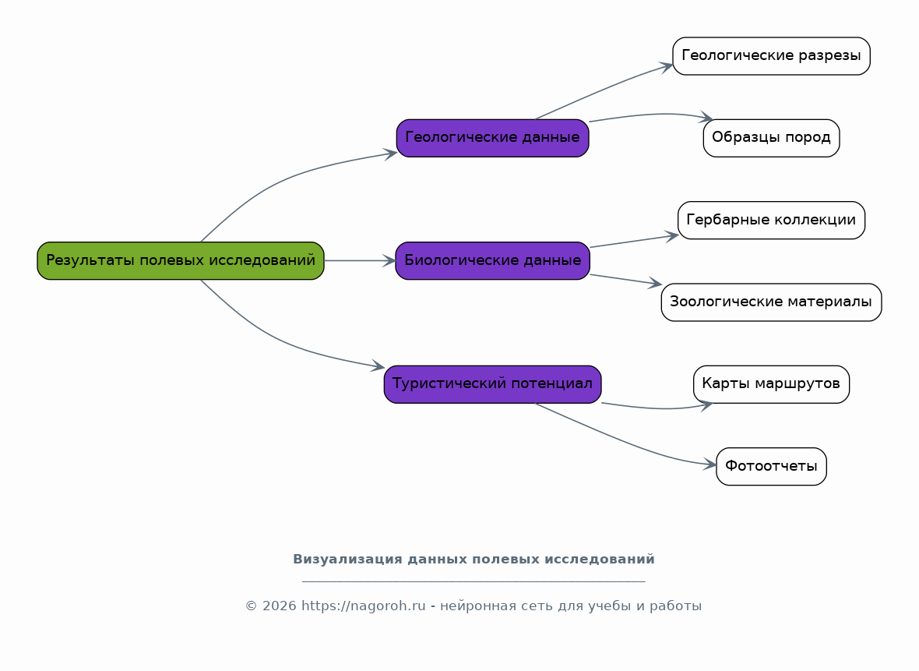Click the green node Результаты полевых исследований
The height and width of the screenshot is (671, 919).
click(x=181, y=260)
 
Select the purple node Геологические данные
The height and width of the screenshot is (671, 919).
click(x=492, y=138)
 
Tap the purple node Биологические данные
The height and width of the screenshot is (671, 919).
click(x=492, y=260)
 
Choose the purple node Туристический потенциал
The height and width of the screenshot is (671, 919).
click(x=492, y=384)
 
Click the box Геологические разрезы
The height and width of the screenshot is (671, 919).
click(x=771, y=55)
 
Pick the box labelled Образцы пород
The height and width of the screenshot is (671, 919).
click(x=771, y=138)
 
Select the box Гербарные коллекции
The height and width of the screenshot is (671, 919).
click(x=771, y=220)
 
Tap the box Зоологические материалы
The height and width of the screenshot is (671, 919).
click(x=771, y=302)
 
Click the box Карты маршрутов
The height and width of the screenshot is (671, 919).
click(x=771, y=384)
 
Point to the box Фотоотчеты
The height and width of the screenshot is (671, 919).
click(x=771, y=466)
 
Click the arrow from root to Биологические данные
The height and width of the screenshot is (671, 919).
click(x=360, y=260)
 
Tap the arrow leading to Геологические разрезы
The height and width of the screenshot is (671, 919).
click(x=604, y=90)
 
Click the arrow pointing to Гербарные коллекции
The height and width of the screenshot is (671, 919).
click(x=634, y=241)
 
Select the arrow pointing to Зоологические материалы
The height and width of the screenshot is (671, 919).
click(x=626, y=280)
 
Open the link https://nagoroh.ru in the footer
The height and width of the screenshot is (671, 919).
click(x=364, y=606)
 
